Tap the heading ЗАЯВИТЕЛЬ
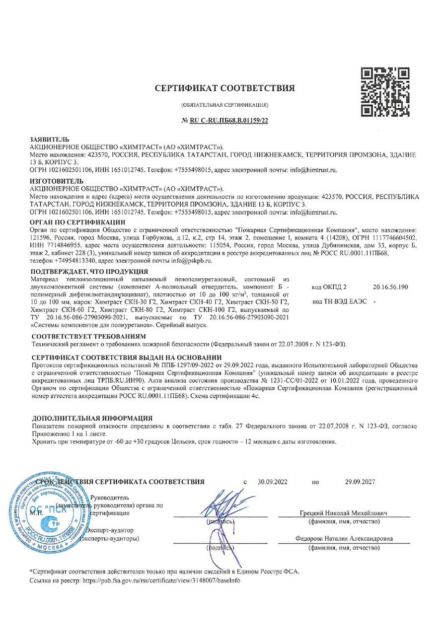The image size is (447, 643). [50, 141]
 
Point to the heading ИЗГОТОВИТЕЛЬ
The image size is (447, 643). [57, 181]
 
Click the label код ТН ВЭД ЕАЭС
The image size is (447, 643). [341, 301]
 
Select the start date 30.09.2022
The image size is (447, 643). [273, 481]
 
